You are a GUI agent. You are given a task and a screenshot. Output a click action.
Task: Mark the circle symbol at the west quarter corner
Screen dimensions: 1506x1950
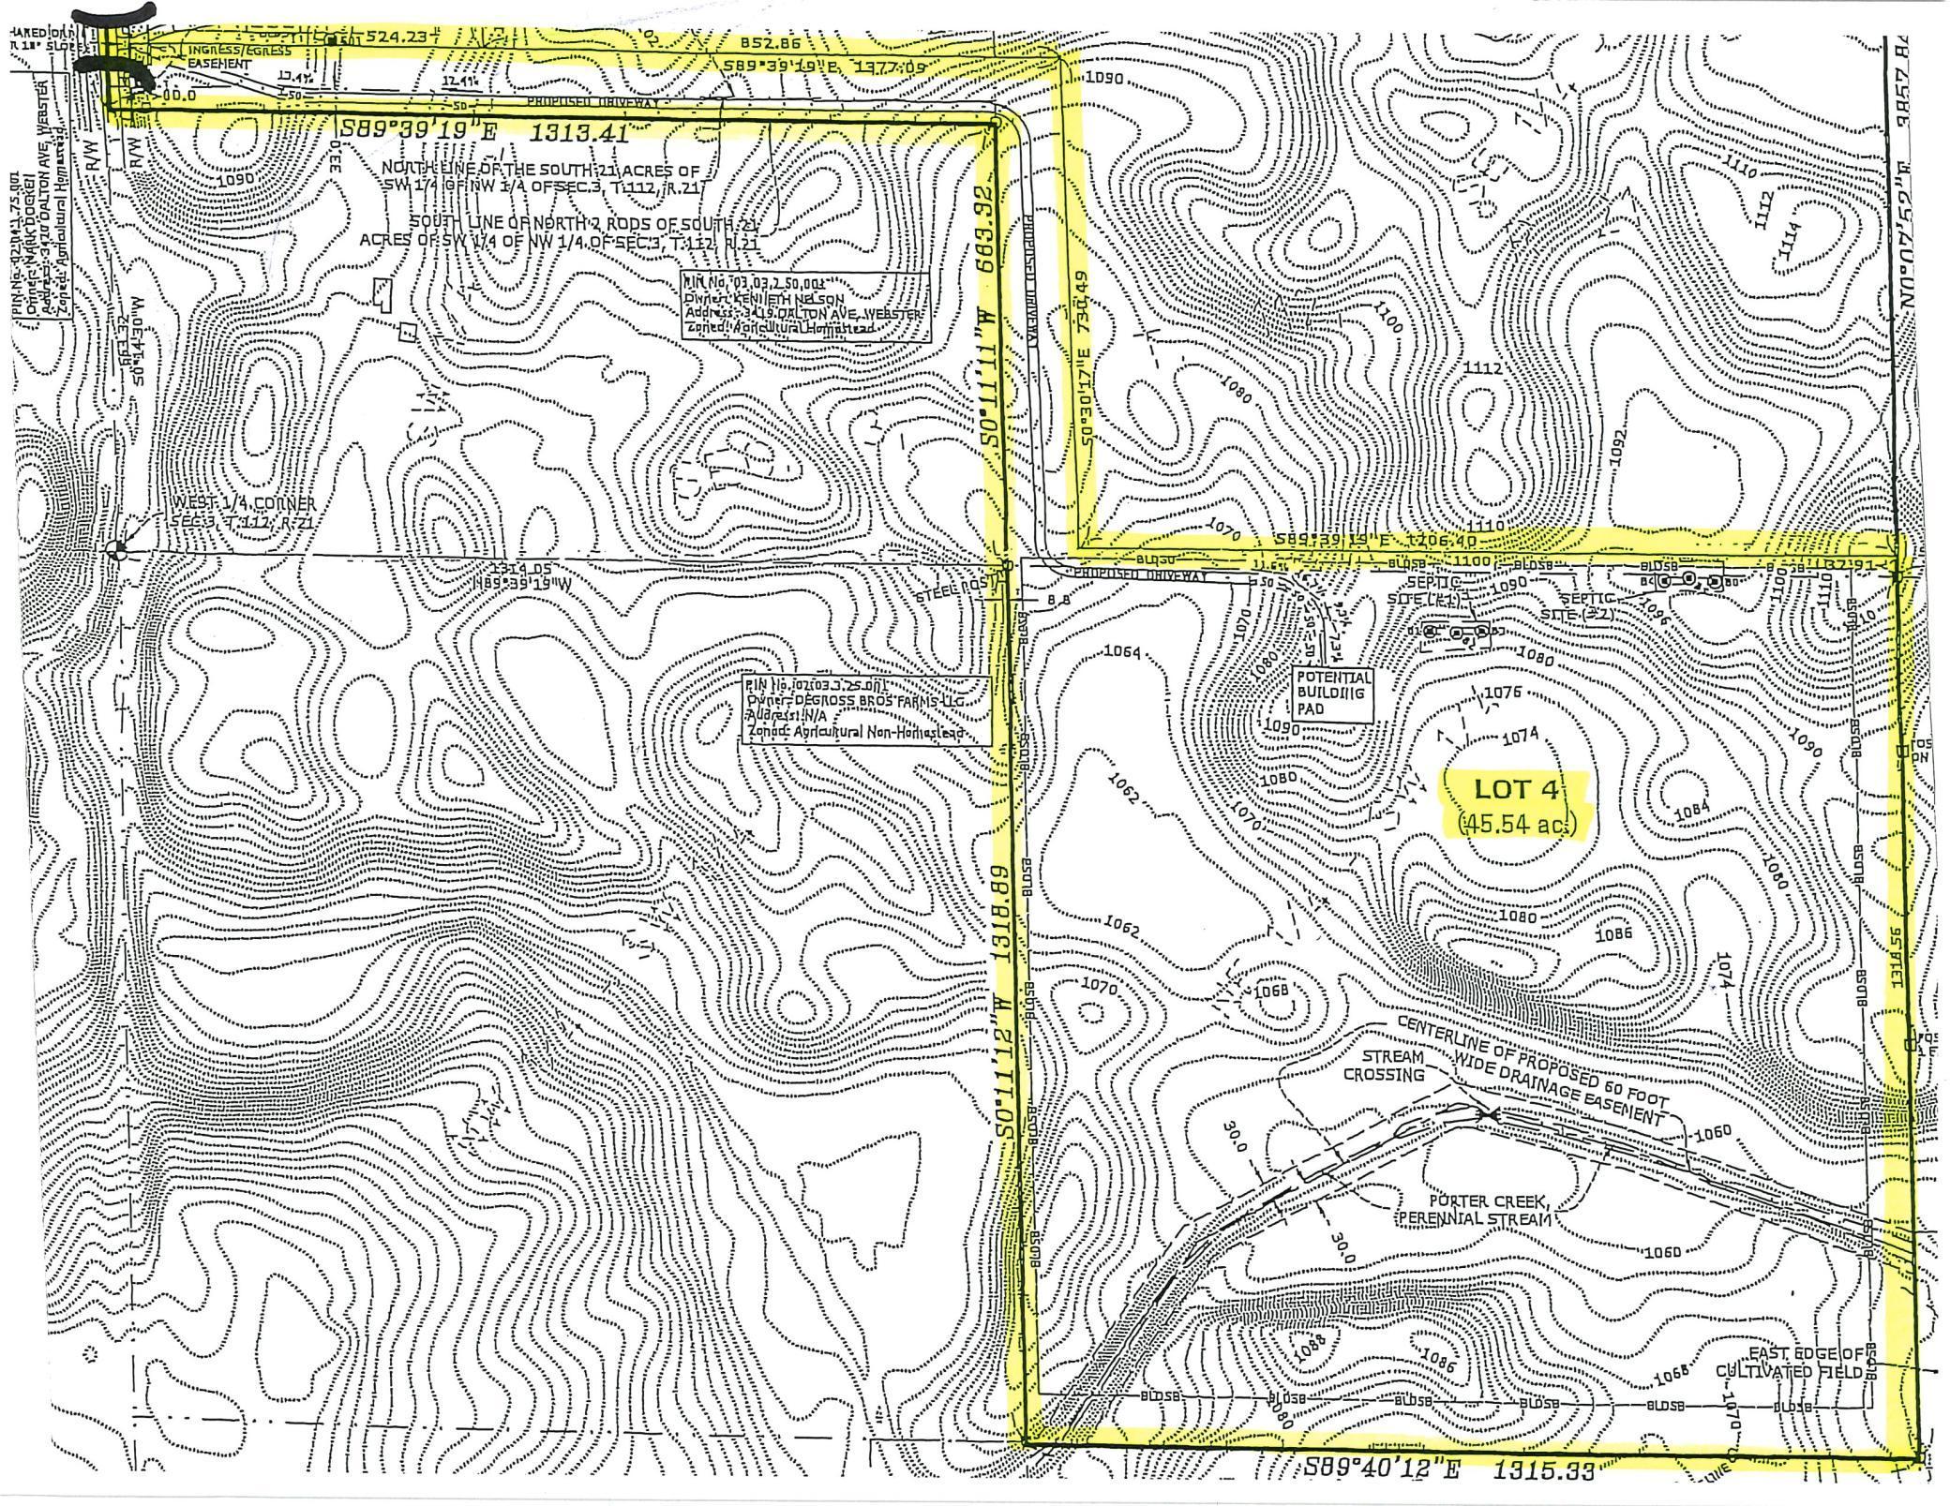pos(116,550)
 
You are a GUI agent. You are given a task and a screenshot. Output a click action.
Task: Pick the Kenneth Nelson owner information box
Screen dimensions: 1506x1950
pos(807,308)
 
